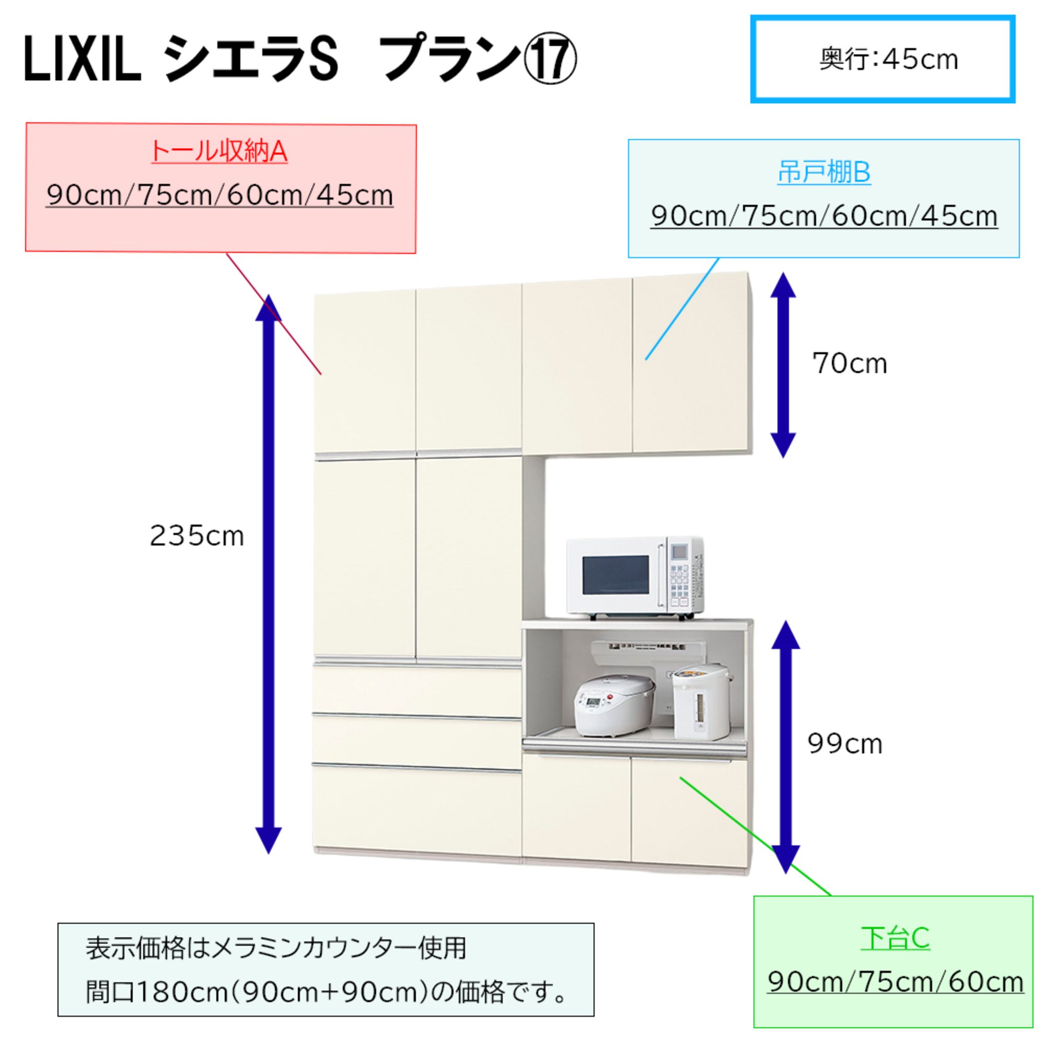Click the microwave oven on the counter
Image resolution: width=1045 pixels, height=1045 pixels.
pos(634,578)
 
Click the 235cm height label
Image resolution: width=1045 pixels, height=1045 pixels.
pos(197,537)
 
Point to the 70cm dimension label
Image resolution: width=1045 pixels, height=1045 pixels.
pos(850,364)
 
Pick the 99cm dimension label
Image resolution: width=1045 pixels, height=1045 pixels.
pos(845,744)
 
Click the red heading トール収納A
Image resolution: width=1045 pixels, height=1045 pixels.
pos(219,152)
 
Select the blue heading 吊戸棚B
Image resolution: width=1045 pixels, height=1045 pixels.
pos(824,173)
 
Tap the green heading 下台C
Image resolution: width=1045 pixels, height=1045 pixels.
pos(895,938)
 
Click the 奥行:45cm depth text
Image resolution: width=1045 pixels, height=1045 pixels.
pos(888,60)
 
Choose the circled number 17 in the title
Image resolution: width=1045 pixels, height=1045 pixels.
pos(550,63)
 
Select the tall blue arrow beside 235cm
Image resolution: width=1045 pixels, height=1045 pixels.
pos(269,573)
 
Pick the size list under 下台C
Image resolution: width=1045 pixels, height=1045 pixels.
pos(895,982)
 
